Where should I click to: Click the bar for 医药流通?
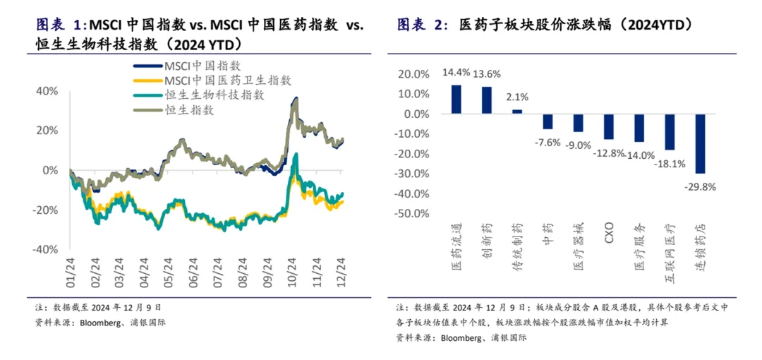point(456,100)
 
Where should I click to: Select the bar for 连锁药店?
point(700,143)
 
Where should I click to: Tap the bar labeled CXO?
point(609,126)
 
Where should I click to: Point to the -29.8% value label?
point(699,186)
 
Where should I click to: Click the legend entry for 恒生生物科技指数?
point(214,95)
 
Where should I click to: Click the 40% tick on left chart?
point(47,91)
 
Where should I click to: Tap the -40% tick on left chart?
point(45,249)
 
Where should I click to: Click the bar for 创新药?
point(487,100)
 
